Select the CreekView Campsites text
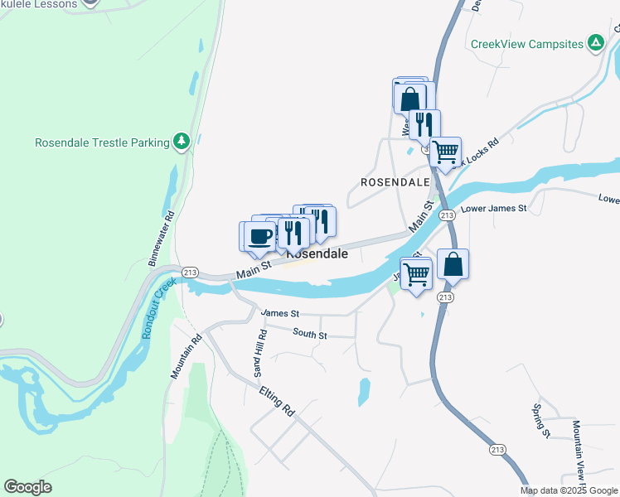click(526, 44)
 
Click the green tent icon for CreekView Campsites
click(595, 43)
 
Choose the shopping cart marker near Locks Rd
click(446, 152)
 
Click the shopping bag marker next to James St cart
click(453, 265)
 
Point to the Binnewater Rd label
click(162, 239)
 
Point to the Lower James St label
click(493, 209)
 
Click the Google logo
click(27, 487)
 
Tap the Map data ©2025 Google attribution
click(569, 490)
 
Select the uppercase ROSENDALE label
click(395, 181)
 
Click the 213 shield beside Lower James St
click(447, 215)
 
